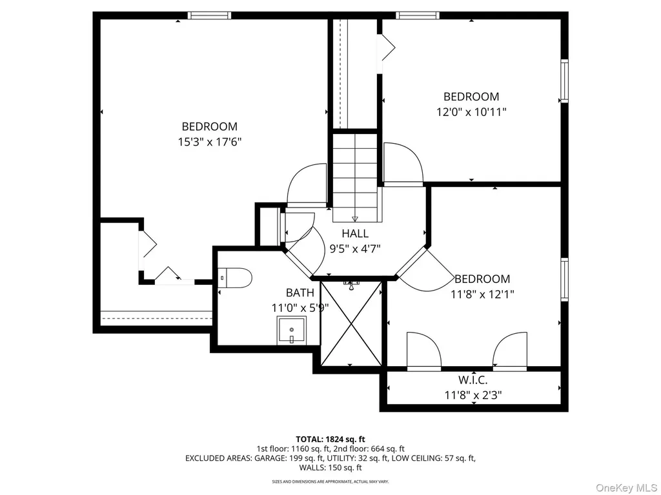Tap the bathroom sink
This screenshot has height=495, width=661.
(x=292, y=331)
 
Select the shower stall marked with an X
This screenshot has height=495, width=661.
(x=352, y=324)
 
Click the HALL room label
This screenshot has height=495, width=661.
(x=355, y=233)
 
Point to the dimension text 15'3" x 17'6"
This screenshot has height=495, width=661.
(x=210, y=142)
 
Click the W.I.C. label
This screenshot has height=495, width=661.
(x=473, y=380)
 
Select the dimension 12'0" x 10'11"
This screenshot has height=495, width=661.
(x=471, y=112)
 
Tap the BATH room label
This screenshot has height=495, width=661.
(x=300, y=293)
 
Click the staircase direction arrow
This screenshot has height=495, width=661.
(x=355, y=219)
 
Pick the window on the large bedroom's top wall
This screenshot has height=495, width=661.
(x=210, y=15)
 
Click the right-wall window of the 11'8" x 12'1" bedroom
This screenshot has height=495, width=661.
(x=564, y=280)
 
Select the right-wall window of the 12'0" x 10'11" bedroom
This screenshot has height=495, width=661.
(x=564, y=81)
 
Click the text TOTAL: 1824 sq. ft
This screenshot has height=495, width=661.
(x=330, y=440)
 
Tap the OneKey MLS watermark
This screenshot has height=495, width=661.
(x=626, y=488)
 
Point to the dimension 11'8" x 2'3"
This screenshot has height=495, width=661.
(x=473, y=395)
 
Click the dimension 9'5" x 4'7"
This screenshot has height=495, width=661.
(x=355, y=249)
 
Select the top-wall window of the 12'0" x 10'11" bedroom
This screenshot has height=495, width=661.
(x=418, y=15)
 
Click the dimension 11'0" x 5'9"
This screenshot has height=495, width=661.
(x=300, y=308)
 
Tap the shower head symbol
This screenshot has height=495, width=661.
(x=351, y=286)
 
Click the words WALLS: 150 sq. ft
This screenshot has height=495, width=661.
(x=330, y=468)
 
